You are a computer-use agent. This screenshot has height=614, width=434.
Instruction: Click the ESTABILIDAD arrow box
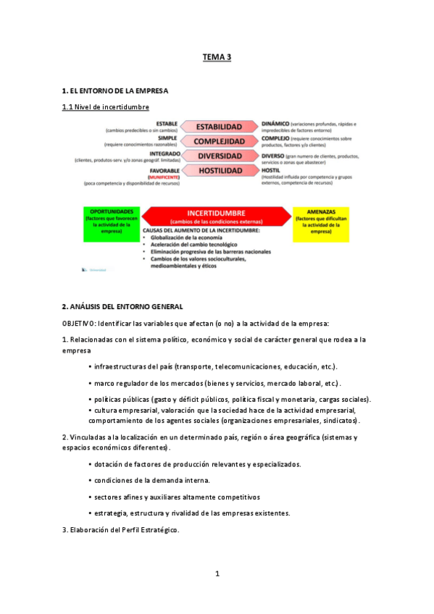[x=218, y=127]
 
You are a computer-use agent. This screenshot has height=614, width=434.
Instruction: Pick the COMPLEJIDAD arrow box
[x=218, y=141]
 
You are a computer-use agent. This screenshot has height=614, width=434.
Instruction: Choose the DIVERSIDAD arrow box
[x=218, y=156]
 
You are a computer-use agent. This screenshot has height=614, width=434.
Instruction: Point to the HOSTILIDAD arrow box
[x=218, y=171]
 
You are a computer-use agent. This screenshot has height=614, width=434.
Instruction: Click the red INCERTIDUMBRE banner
[x=218, y=215]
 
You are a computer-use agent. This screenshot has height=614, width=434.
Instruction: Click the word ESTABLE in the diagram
[x=167, y=123]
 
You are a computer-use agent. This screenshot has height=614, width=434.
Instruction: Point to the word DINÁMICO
[x=276, y=123]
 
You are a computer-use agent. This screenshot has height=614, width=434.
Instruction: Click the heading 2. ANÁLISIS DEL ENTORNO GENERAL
[x=122, y=307]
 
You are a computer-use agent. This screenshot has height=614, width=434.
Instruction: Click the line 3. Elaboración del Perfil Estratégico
[x=120, y=530]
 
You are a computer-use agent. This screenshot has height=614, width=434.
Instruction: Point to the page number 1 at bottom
[x=217, y=573]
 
